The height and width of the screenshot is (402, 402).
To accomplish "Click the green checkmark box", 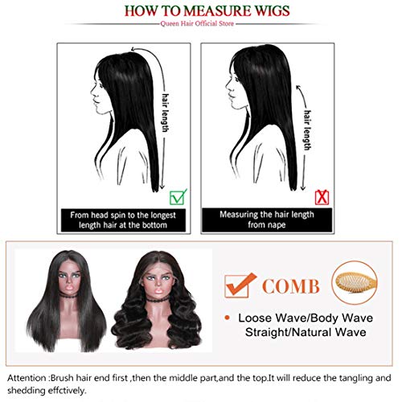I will click(x=176, y=194).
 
